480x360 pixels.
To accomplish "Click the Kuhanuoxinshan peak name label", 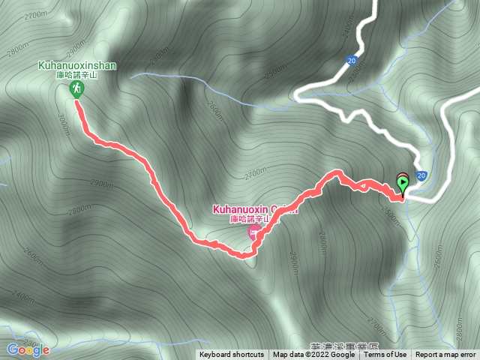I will (77, 66).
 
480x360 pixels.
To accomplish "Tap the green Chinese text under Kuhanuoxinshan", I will (77, 76).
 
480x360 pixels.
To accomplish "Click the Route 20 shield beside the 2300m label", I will (352, 59).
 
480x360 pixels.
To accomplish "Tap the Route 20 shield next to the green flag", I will (422, 175).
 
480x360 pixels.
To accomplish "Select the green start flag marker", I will (403, 182).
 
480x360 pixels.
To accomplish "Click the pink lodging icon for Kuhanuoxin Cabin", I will (254, 231).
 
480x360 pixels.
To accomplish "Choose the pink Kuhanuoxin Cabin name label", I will (255, 209).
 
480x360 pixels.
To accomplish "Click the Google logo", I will (28, 349).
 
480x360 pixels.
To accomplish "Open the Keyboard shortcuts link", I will (232, 355).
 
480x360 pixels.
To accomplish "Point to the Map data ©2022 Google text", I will (313, 355).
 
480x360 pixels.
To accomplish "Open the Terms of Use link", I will (385, 355).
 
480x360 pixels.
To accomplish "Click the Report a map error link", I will (445, 355).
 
